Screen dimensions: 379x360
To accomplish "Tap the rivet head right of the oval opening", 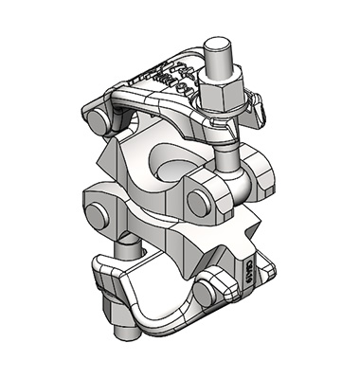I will click(x=201, y=201).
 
